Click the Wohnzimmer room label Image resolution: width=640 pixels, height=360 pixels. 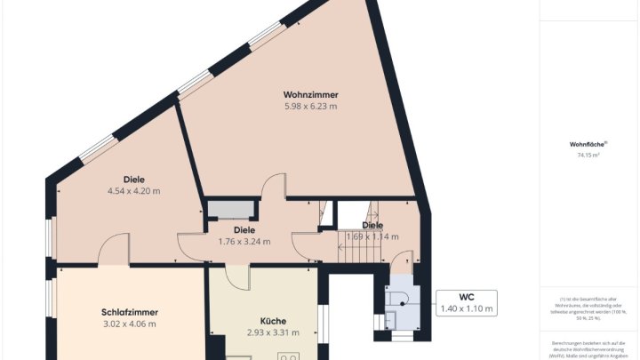point(310,95)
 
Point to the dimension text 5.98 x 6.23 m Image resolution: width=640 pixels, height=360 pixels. point(310,107)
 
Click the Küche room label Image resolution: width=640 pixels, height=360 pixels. point(273,321)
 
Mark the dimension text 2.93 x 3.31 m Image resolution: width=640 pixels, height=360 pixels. point(273,332)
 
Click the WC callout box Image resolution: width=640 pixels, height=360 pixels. point(467,302)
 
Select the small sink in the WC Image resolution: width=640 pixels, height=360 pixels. point(390,318)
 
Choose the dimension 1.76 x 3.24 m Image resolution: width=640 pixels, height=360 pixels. point(244,241)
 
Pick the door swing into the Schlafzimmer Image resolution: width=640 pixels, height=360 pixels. point(114,251)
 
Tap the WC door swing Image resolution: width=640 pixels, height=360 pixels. point(402,261)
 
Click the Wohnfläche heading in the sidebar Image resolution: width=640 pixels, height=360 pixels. point(588,144)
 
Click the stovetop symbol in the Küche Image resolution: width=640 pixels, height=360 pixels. point(289,356)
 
